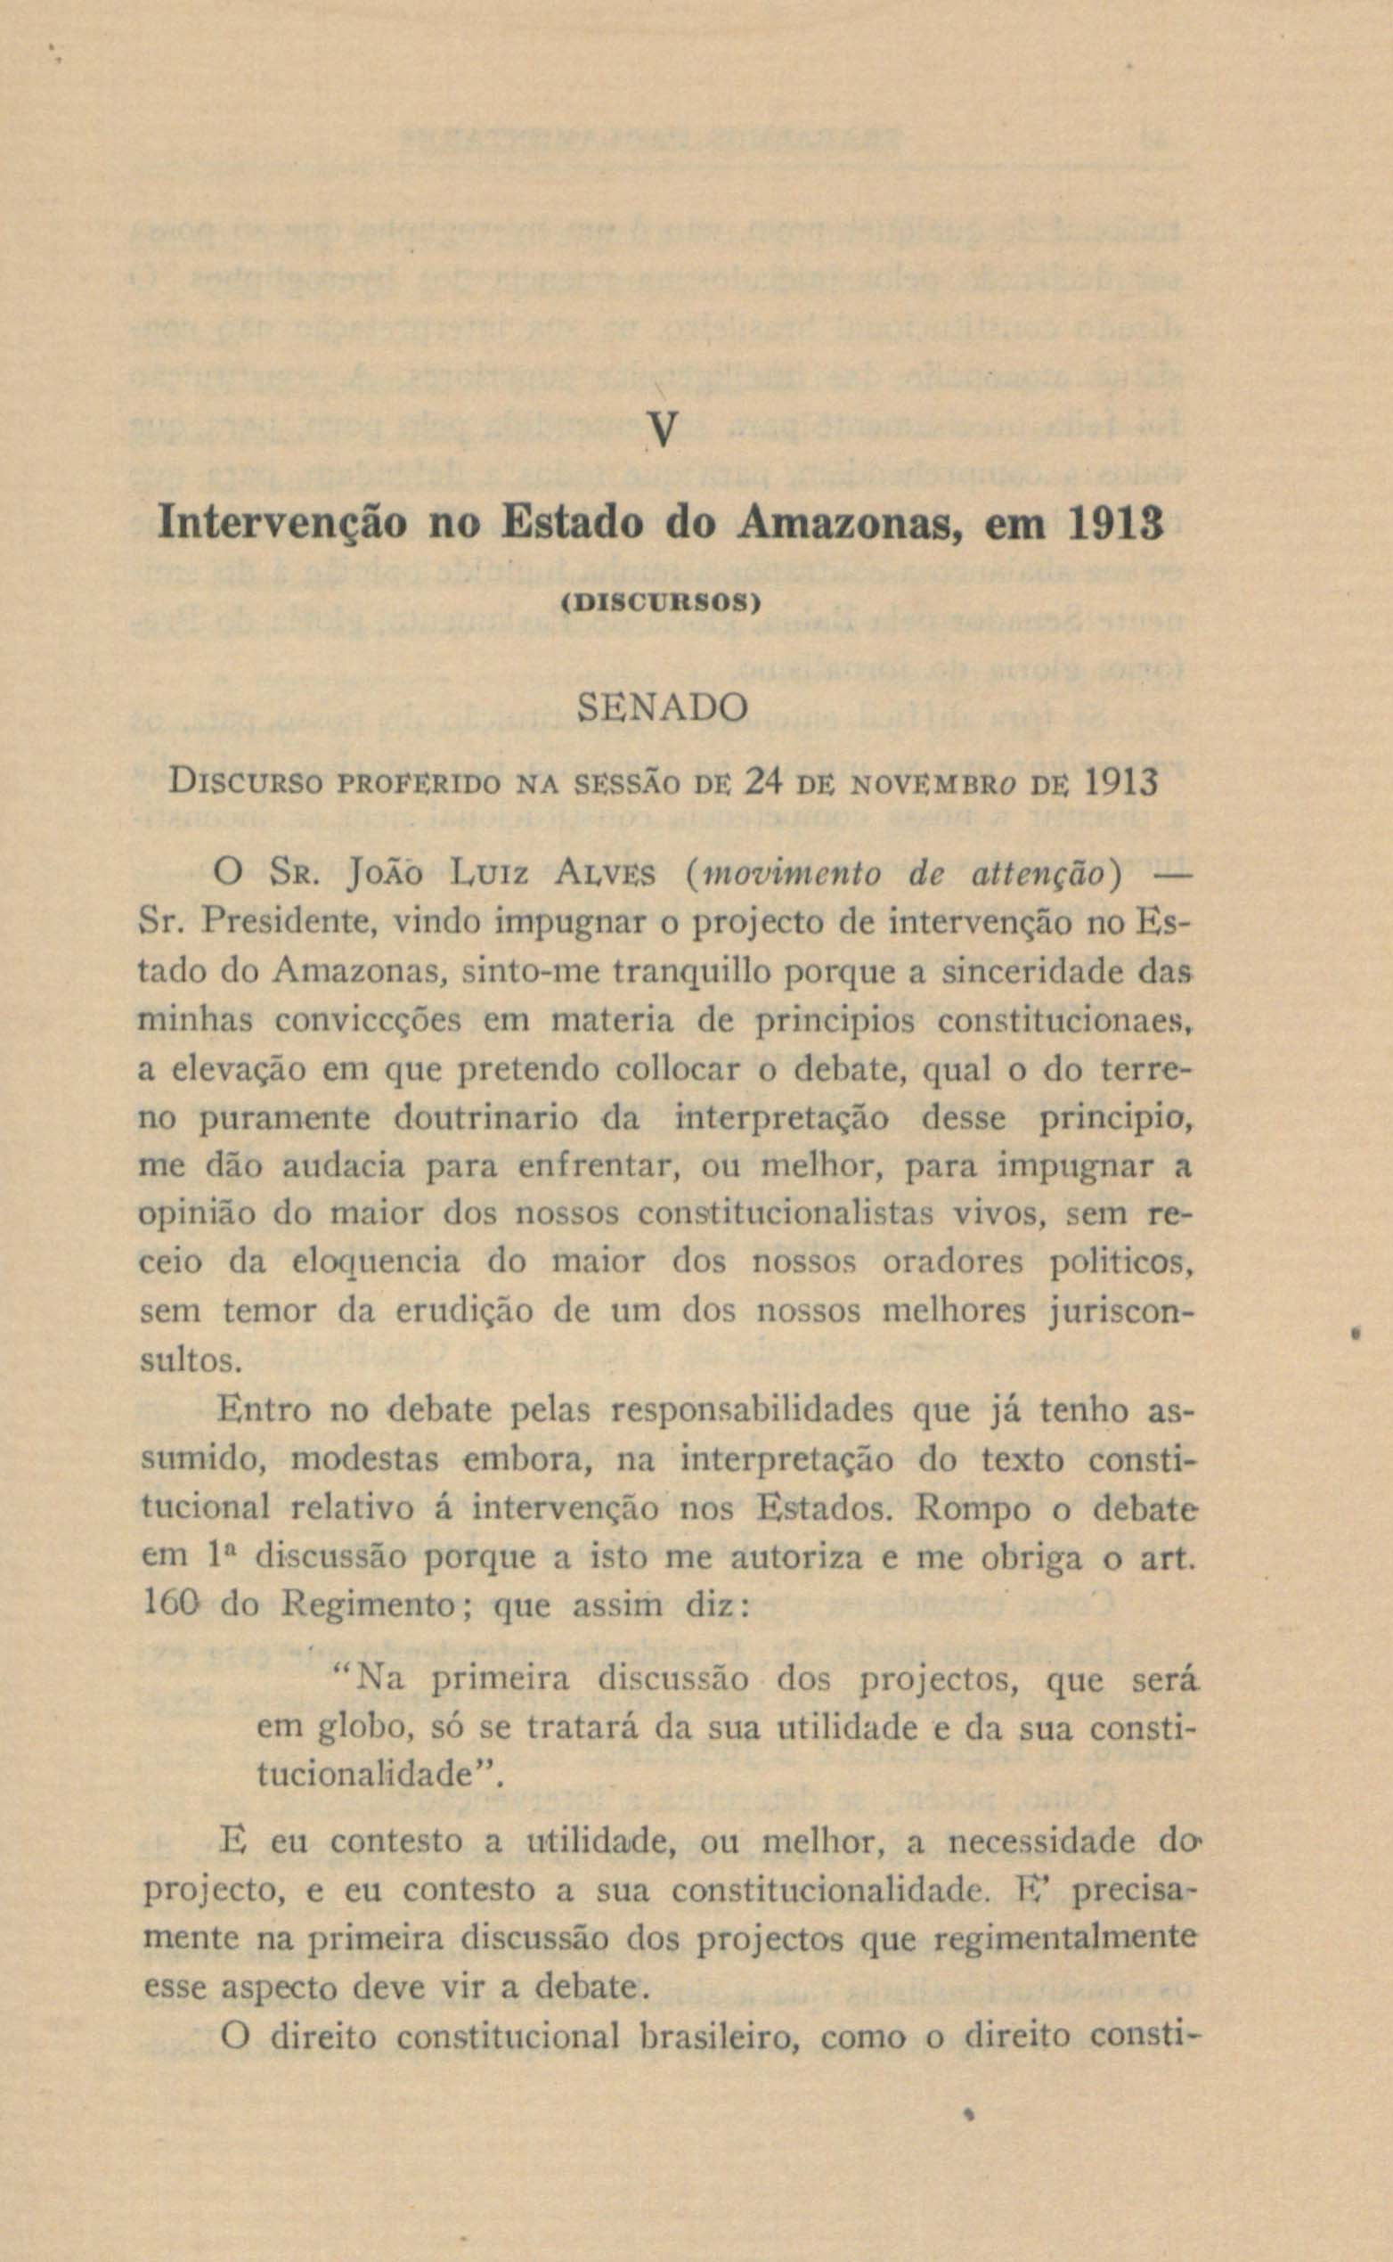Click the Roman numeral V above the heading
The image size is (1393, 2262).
(x=664, y=430)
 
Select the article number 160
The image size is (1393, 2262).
(x=166, y=1606)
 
